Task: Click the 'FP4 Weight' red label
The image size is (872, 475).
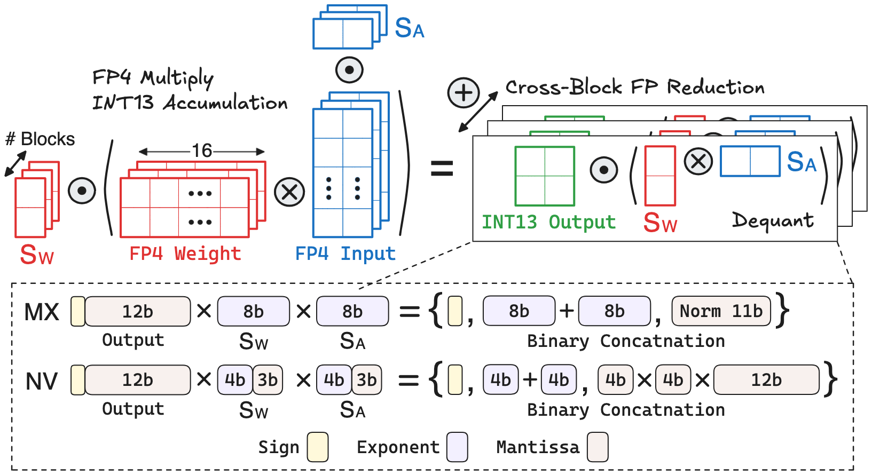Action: (x=185, y=254)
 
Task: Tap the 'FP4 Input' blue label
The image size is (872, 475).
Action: (x=345, y=254)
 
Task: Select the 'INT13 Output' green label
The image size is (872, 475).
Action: (x=548, y=222)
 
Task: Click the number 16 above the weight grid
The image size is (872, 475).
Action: (x=202, y=151)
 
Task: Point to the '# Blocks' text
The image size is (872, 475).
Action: (x=40, y=139)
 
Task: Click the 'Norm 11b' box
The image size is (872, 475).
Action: (x=721, y=311)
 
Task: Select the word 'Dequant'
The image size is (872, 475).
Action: (x=773, y=220)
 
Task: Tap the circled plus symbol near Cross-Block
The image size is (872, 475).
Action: (x=463, y=93)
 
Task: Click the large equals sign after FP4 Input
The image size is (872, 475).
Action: (x=442, y=169)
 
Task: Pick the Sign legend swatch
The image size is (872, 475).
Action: (x=318, y=447)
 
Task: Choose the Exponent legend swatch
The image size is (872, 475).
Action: (x=458, y=447)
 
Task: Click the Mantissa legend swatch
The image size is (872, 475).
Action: (x=598, y=447)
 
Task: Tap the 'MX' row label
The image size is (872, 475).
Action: (x=42, y=312)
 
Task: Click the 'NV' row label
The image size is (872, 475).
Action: (x=42, y=381)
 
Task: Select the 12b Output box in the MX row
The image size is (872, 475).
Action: (x=137, y=312)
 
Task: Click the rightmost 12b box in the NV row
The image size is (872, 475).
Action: (x=766, y=380)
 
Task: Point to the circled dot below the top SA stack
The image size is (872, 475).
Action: (x=350, y=70)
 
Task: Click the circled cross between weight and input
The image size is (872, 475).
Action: (x=289, y=192)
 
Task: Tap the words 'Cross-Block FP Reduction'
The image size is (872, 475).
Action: (x=634, y=88)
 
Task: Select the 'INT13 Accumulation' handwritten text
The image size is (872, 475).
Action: (x=190, y=102)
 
